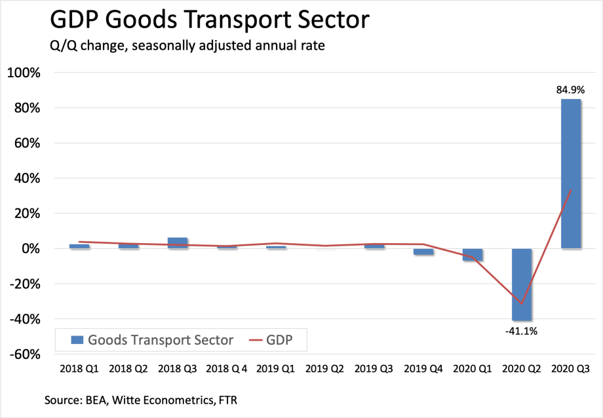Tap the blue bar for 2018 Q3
coord(178,243)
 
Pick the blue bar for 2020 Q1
coord(473,255)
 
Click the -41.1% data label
coord(522,331)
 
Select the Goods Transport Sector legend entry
coord(151,339)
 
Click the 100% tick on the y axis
coord(24,73)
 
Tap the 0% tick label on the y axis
coord(30,249)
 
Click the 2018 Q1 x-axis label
coord(79,370)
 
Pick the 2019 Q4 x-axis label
coord(423,370)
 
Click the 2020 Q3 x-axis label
coord(570,370)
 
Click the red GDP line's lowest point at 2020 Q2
coord(522,303)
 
